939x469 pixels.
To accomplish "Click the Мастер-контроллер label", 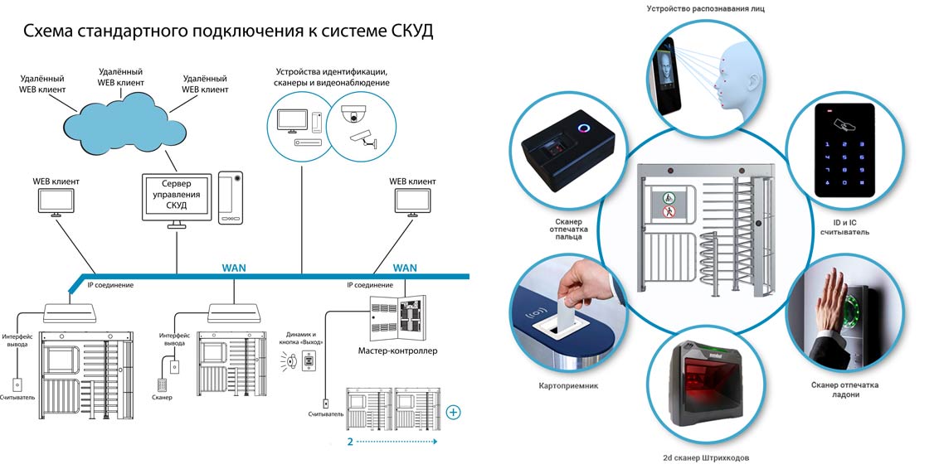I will [397, 351].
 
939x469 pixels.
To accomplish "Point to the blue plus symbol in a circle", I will [454, 412].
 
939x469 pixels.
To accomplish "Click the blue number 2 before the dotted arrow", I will [350, 442].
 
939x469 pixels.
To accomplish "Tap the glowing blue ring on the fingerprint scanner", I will [584, 128].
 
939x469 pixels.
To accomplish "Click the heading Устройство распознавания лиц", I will [718, 9].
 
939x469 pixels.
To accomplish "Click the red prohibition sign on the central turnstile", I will [669, 211].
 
